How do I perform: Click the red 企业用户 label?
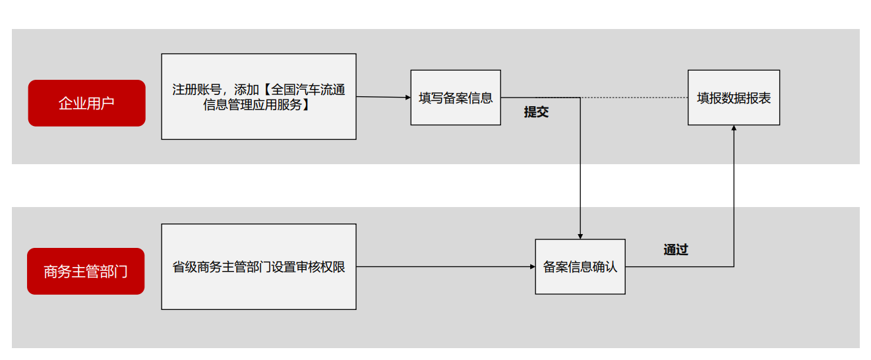click(86, 103)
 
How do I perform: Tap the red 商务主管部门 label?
click(86, 271)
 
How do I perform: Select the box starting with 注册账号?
click(258, 96)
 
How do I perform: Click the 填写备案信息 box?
click(456, 98)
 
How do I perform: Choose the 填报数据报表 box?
click(733, 98)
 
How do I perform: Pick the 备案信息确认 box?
click(580, 266)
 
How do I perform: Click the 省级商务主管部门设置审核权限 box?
click(258, 266)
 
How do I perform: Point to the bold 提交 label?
click(536, 112)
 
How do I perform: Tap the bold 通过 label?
click(676, 250)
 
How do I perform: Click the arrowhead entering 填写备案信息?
click(407, 98)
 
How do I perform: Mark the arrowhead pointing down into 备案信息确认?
click(580, 235)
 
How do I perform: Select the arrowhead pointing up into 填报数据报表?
click(734, 129)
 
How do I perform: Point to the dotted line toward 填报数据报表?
click(633, 98)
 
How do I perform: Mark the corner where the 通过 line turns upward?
click(734, 266)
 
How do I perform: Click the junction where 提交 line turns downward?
click(580, 98)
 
